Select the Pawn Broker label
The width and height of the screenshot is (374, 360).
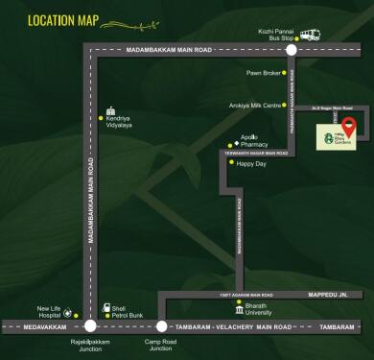[263, 73]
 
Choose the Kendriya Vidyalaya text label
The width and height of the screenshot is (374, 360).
[120, 122]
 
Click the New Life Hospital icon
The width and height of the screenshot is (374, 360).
[67, 312]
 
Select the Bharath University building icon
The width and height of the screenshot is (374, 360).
[240, 309]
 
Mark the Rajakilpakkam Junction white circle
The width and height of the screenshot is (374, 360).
[90, 326]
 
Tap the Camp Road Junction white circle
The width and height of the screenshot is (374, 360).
[160, 326]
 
